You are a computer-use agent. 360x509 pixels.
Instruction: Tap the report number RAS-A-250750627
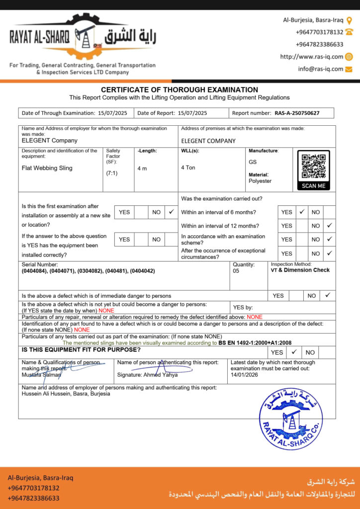(x=297, y=113)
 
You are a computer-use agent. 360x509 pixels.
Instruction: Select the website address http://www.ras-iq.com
(x=311, y=57)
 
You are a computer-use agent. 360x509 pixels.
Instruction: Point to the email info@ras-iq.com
(x=321, y=69)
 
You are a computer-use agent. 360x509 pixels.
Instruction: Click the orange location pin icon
(x=349, y=20)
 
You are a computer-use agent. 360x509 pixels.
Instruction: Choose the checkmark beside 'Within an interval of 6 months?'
(x=301, y=212)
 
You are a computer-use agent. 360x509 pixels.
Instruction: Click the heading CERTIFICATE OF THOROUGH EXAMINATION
(x=180, y=89)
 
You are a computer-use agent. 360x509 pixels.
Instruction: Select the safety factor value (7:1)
(x=111, y=173)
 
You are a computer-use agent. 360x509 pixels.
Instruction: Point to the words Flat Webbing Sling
(x=47, y=168)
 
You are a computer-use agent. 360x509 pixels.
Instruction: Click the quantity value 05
(x=237, y=271)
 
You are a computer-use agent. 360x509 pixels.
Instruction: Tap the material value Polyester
(x=260, y=181)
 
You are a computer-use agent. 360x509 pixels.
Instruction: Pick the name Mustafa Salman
(x=41, y=374)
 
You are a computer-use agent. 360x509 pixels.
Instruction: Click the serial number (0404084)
(x=35, y=271)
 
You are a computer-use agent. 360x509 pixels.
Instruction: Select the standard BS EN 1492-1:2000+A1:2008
(x=255, y=342)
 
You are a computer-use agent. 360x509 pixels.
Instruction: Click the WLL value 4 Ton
(x=188, y=168)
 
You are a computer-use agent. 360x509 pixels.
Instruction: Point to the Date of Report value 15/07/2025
(x=192, y=113)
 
